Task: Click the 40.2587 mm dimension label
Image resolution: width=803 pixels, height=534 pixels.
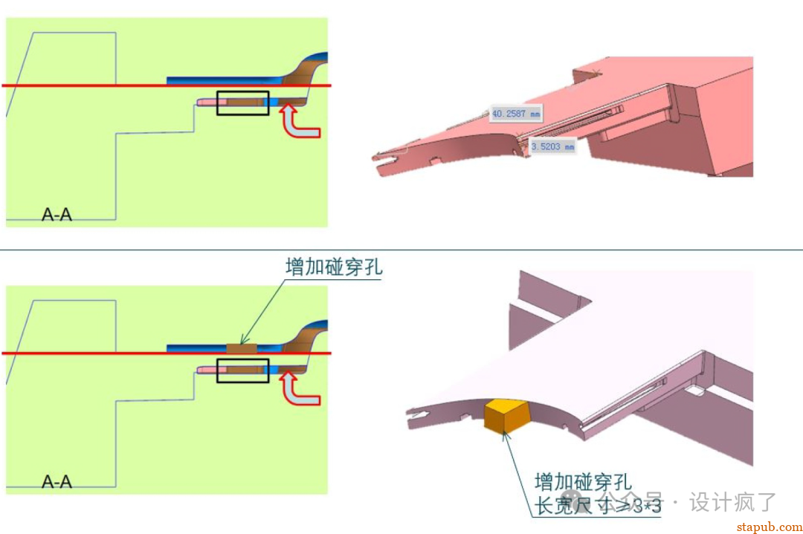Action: coord(515,114)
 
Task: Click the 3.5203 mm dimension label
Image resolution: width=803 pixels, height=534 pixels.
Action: coord(552,147)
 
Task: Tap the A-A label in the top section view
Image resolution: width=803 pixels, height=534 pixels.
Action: coord(57,215)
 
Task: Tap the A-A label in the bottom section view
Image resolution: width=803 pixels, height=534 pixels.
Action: coord(57,482)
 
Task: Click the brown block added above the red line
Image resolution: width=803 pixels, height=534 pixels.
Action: coord(241,348)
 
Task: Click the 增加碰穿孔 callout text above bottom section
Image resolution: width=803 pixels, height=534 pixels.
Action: coord(334,267)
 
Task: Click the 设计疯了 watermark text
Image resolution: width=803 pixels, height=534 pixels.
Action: coord(732,502)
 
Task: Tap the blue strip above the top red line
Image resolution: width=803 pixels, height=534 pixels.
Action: coord(223,79)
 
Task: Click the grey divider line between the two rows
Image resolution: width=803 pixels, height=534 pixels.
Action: coord(401,250)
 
